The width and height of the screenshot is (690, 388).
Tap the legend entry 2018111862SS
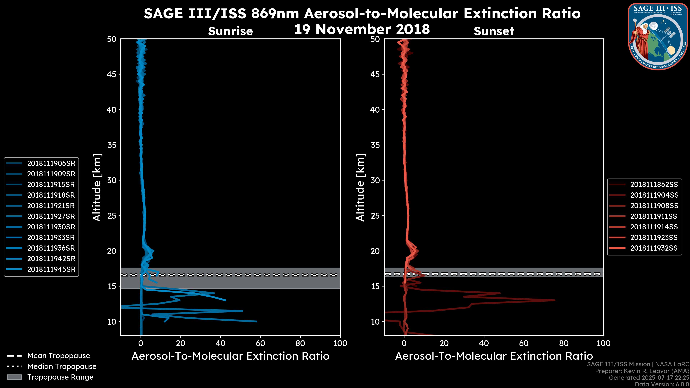tap(654, 184)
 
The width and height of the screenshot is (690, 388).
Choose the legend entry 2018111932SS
tap(654, 248)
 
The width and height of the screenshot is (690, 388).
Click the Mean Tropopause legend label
tap(59, 356)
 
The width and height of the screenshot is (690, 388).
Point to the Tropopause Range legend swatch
tap(14, 377)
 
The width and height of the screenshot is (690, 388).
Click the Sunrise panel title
tap(230, 31)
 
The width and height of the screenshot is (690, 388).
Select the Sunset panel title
tap(494, 31)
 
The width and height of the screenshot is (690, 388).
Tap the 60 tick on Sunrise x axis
tap(260, 343)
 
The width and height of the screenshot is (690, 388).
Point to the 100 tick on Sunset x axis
tap(604, 343)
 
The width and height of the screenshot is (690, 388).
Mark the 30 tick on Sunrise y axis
tap(112, 180)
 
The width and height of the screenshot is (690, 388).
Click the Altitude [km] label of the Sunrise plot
tap(97, 187)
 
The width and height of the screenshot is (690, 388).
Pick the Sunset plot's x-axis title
tap(494, 356)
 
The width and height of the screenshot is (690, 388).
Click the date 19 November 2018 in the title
tap(362, 29)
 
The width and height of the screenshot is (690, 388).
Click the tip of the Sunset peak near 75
tap(555, 300)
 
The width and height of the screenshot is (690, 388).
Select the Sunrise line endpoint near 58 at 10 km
tap(257, 321)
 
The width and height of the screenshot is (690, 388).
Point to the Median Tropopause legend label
tap(62, 367)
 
